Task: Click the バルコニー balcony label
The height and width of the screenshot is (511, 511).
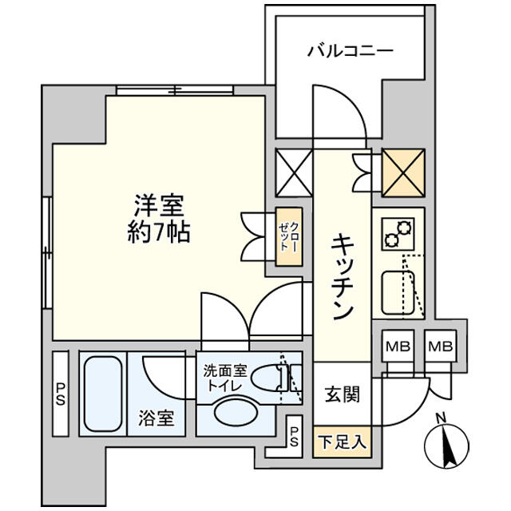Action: point(351,51)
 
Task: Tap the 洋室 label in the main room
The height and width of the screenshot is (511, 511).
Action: point(160,205)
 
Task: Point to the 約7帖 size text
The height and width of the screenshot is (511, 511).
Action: point(159,232)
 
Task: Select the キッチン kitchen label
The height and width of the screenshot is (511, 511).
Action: point(342,277)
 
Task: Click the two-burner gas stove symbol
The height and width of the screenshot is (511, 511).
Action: point(398,234)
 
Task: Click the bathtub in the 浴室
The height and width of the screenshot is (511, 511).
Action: point(103,394)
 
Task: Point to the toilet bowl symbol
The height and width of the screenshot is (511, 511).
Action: point(268,378)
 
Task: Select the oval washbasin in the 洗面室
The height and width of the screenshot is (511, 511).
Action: point(236,412)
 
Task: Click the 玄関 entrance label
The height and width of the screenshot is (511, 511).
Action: point(342,394)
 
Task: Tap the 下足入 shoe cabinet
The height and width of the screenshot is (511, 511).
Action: point(342,442)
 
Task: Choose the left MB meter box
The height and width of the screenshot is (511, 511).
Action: point(398,346)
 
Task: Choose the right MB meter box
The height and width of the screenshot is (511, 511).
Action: point(440,346)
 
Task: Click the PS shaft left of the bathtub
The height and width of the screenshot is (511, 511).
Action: point(61,394)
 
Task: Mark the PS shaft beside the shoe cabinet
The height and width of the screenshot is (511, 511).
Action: point(294,437)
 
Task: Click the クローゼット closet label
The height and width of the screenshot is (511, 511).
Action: point(289,236)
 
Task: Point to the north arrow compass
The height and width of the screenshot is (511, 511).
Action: point(446,444)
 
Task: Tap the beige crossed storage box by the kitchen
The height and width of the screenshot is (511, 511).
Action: point(403,173)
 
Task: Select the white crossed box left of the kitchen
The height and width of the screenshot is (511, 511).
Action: point(294,173)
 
